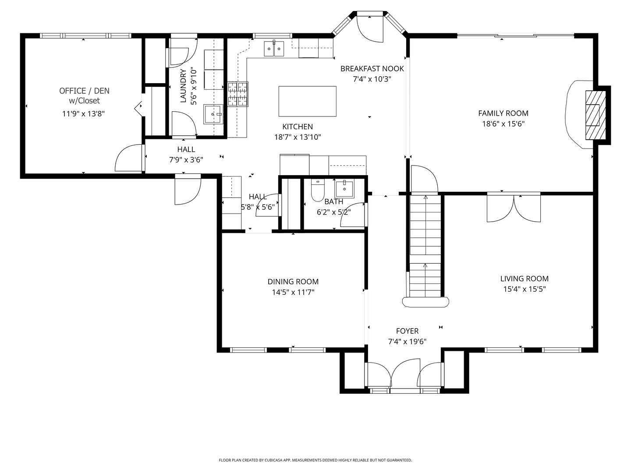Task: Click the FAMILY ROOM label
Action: click(x=503, y=113)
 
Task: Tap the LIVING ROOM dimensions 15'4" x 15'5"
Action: click(x=524, y=289)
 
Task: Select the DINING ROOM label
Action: click(x=293, y=282)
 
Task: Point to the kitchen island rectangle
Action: click(x=307, y=101)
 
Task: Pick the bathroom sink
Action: click(x=344, y=189)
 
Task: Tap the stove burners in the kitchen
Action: click(x=238, y=94)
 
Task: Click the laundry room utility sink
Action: click(x=213, y=114)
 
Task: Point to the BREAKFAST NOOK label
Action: click(x=372, y=68)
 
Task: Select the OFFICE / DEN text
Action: click(x=84, y=91)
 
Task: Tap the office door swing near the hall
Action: click(x=128, y=159)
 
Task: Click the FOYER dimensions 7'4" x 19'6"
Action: click(x=407, y=342)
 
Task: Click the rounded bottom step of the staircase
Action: click(x=425, y=302)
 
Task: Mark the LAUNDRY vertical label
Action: click(x=183, y=85)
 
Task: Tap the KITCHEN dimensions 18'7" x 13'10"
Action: click(x=298, y=137)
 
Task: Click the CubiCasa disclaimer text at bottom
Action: click(x=315, y=460)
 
